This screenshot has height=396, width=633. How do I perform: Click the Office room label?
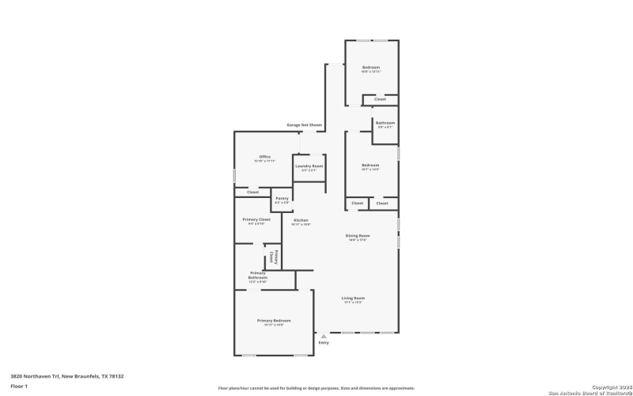click(x=265, y=157)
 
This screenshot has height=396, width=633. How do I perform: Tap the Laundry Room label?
click(x=309, y=166)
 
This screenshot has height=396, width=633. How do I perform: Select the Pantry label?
click(x=282, y=198)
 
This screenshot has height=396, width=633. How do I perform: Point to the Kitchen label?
click(x=301, y=220)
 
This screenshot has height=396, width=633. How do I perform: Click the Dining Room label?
click(x=358, y=235)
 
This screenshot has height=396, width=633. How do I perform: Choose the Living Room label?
click(x=353, y=298)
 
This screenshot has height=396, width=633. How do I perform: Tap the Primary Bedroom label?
click(x=274, y=320)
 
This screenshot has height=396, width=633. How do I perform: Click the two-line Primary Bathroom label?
click(x=259, y=276)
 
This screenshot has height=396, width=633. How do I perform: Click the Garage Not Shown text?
click(x=305, y=125)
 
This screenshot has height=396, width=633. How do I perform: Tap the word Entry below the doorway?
click(x=323, y=343)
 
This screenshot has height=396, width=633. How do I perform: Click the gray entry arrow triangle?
click(x=323, y=336)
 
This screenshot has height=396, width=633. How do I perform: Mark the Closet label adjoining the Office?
click(x=252, y=192)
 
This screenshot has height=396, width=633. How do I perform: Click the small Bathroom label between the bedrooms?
click(x=385, y=123)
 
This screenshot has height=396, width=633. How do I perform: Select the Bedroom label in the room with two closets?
click(x=370, y=165)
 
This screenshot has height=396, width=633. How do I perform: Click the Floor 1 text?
click(x=19, y=386)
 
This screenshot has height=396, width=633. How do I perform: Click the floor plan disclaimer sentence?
click(x=316, y=388)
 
